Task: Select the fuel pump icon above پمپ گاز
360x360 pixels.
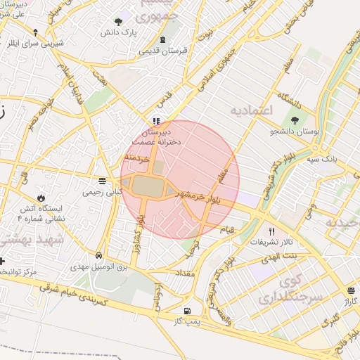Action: point(186,311)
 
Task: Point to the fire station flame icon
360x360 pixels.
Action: point(41,198)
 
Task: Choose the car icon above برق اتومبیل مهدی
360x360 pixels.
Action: point(99,255)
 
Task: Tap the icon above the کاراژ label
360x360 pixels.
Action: point(351,290)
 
